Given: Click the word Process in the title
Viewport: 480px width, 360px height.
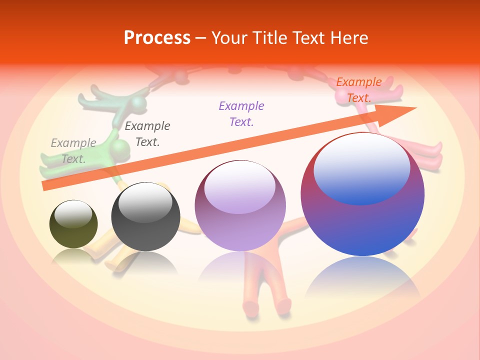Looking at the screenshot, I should (x=157, y=38).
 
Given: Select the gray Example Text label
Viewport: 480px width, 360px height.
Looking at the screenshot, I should (x=73, y=150).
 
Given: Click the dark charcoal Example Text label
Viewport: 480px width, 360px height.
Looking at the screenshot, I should (x=147, y=133).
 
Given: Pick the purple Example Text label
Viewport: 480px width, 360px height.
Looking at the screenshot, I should (x=241, y=113).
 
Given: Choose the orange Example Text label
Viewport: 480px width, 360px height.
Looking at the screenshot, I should (x=358, y=89).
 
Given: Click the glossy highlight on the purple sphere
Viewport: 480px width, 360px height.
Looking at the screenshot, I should (x=239, y=186).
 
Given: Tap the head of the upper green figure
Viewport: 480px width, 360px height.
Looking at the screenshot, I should (x=137, y=103).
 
